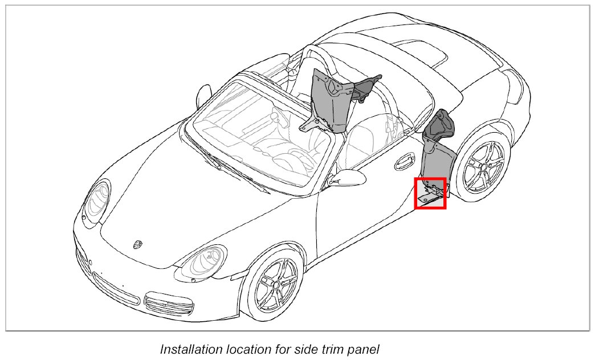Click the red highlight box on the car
[x=430, y=193]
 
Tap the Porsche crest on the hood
[x=137, y=244]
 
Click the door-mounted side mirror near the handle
[x=348, y=177]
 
